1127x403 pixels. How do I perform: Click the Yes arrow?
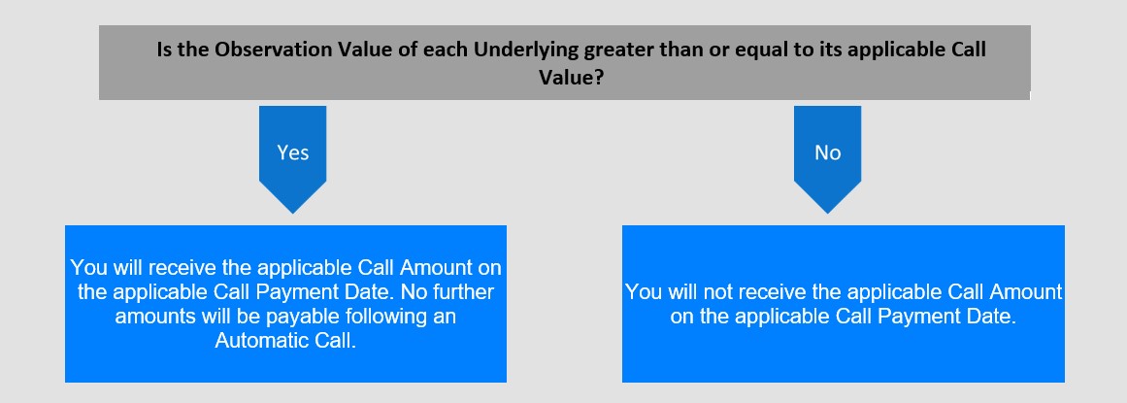292,159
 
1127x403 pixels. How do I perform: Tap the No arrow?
827,159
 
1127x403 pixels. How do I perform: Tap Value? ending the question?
572,77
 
